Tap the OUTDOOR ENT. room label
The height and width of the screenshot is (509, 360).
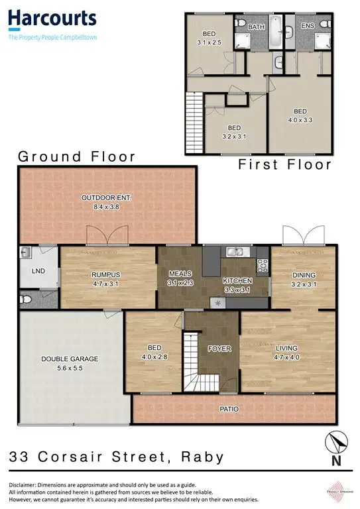107,198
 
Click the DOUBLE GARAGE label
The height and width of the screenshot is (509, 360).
70,359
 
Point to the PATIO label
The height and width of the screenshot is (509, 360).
229,409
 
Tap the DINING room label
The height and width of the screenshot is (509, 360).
304,275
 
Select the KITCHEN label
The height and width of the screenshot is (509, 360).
237,280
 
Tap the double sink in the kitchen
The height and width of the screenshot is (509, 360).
236,251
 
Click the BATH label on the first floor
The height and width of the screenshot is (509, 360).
256,27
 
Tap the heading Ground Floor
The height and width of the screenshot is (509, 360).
76,156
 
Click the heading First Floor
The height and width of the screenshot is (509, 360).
284,164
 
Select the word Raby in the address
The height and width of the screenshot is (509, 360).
202,457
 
